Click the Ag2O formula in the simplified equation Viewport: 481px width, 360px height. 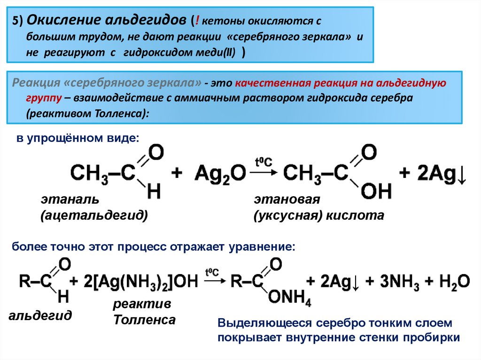pyautogui.click(x=220, y=172)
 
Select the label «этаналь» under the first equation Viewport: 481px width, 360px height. pyautogui.click(x=70, y=199)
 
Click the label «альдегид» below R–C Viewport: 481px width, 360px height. pyautogui.click(x=40, y=315)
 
